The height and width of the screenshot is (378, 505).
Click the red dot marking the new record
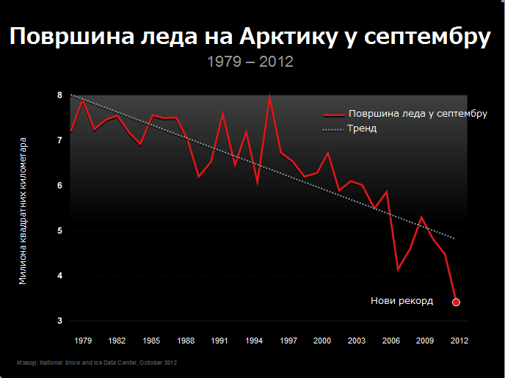point(456,302)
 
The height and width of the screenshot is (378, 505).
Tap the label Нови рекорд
point(402,301)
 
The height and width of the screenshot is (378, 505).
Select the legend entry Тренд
point(363,128)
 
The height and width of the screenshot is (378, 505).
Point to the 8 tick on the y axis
point(60,95)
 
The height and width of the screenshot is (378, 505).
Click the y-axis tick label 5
point(60,230)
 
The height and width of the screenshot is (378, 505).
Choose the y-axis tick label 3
point(60,321)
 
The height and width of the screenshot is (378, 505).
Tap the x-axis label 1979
point(83,341)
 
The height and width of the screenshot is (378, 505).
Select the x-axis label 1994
point(254,341)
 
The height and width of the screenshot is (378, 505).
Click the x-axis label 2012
point(459,341)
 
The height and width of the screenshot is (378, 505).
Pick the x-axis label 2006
point(391,341)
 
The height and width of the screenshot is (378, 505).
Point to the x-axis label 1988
point(186,341)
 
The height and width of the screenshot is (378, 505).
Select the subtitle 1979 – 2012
point(250,62)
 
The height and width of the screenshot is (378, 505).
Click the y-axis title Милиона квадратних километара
point(23,210)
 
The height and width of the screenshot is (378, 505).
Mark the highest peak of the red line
point(270,96)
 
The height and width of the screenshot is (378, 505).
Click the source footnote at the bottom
point(97,363)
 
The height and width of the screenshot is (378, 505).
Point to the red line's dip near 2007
point(398,269)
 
